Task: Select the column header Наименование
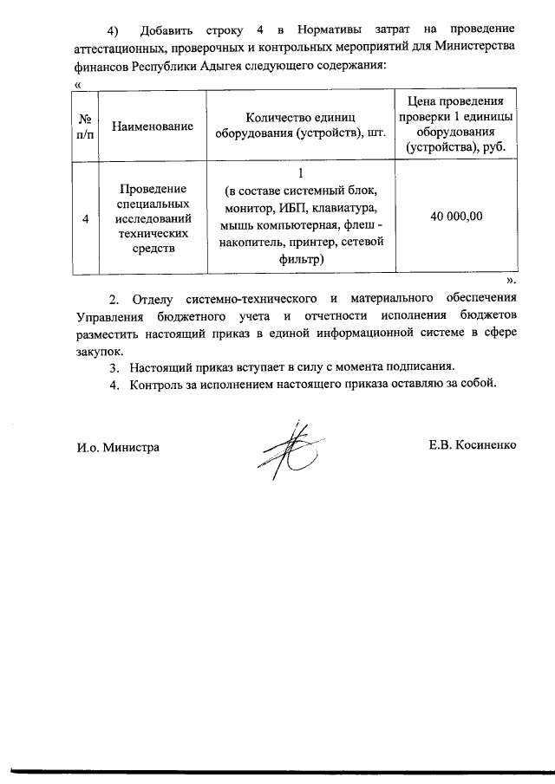[x=152, y=126]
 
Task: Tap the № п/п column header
[x=85, y=126]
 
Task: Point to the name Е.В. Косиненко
[x=472, y=445]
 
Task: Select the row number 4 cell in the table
[x=85, y=219]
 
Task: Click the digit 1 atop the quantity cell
[x=299, y=173]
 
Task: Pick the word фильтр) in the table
[x=299, y=259]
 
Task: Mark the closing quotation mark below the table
[x=512, y=282]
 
